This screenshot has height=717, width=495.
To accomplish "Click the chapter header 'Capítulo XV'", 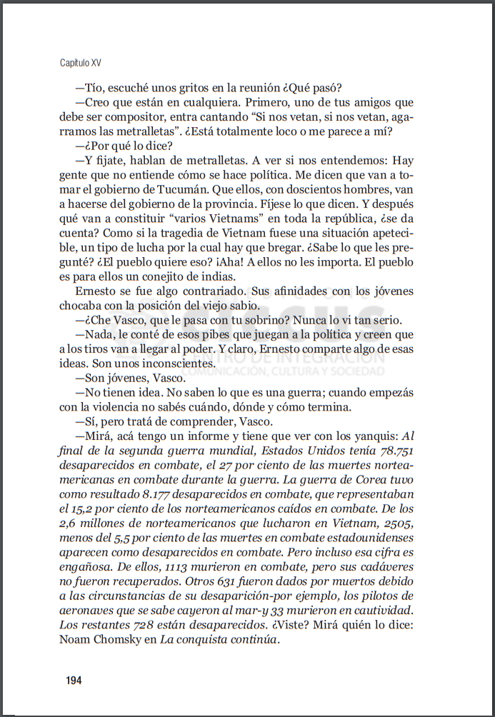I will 81,63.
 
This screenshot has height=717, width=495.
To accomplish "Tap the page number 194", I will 74,680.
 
